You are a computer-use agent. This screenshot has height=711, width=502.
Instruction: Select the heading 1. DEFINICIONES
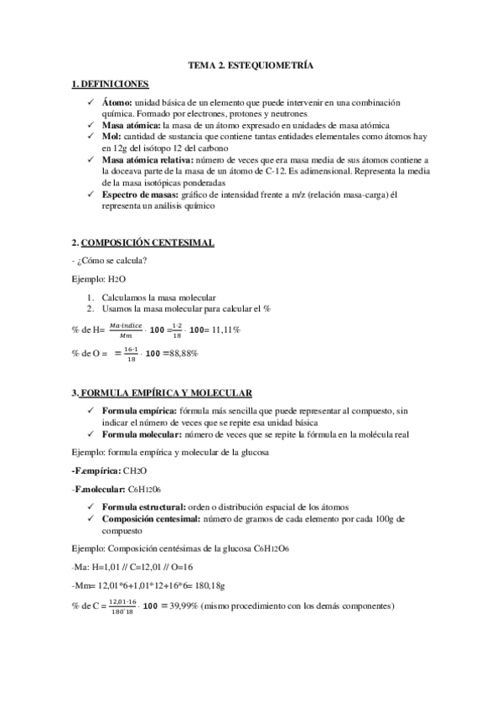111,85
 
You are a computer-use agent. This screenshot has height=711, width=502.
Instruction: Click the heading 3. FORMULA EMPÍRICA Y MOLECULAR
163,393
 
